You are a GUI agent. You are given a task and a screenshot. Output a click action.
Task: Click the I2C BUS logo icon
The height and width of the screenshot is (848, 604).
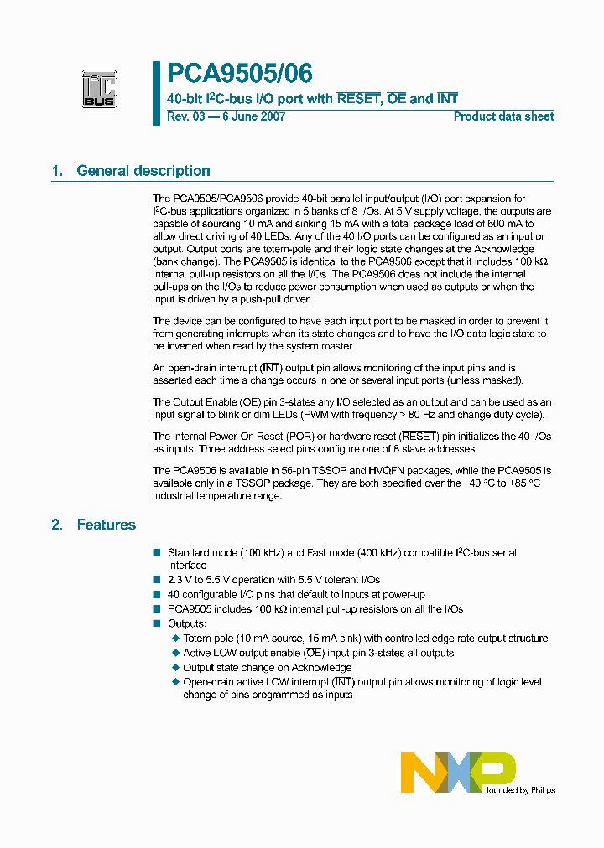99,90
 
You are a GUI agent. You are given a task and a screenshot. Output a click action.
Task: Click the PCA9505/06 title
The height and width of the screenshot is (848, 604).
240,74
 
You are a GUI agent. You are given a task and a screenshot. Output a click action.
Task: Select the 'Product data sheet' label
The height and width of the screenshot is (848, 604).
503,116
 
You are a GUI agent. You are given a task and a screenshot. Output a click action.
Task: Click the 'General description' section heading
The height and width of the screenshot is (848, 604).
143,171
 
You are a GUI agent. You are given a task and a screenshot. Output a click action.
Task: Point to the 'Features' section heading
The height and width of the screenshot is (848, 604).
106,525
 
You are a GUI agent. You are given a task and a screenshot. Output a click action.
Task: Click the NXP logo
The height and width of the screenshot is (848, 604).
457,772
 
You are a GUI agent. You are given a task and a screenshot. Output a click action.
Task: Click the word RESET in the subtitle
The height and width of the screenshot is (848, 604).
358,99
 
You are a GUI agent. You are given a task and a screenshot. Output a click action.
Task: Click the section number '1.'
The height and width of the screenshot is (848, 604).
57,171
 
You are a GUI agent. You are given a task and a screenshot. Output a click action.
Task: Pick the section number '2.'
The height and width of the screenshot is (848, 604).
57,525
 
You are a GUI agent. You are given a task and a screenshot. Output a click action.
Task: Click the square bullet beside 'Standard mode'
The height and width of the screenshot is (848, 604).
156,553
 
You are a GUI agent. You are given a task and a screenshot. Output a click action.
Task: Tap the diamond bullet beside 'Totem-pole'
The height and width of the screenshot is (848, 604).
175,639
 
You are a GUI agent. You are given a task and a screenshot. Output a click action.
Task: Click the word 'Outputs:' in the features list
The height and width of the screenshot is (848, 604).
187,623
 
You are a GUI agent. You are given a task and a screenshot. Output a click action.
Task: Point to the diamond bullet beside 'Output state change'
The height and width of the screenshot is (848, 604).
175,668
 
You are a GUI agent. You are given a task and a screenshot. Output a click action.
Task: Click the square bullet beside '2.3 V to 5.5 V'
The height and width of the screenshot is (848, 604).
156,580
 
